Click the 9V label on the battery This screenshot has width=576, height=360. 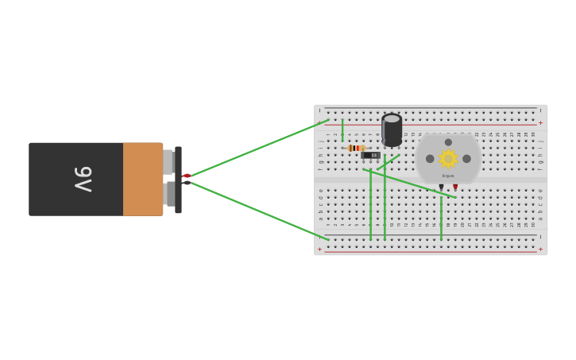tap(83, 179)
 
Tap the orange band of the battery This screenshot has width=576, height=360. tap(143, 179)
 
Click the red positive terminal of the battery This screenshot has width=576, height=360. tap(187, 175)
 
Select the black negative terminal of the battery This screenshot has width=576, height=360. tap(187, 183)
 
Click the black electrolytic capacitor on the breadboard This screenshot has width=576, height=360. tap(392, 130)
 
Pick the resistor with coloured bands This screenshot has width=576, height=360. tap(356, 148)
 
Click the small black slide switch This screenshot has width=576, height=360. tap(370, 155)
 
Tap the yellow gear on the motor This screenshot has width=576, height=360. tap(448, 159)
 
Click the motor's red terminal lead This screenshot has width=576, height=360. tap(455, 188)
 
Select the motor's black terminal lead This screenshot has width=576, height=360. tap(441, 188)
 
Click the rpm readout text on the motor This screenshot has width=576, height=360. tap(448, 176)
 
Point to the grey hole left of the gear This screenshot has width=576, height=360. tap(430, 159)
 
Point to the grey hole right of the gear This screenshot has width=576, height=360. tap(466, 159)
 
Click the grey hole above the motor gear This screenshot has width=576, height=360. tap(448, 142)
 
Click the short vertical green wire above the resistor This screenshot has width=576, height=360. tap(342, 130)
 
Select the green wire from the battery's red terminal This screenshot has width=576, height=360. tap(258, 148)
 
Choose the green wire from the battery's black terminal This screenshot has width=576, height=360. tap(258, 211)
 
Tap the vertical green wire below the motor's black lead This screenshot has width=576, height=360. tap(441, 219)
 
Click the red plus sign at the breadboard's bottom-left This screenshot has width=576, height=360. tap(319, 250)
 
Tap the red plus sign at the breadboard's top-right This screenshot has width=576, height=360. tap(541, 123)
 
